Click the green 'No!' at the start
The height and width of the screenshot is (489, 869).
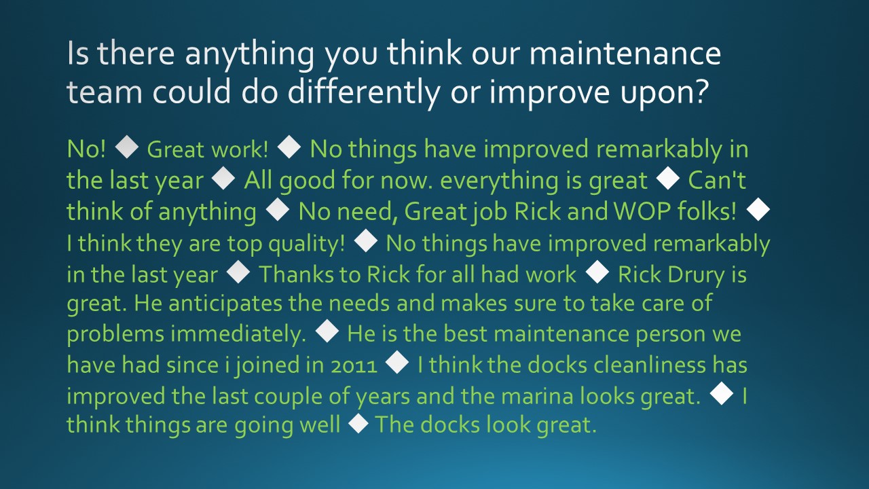(86, 149)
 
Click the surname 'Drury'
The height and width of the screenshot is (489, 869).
(704, 274)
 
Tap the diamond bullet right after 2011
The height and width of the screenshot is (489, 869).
(396, 365)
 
